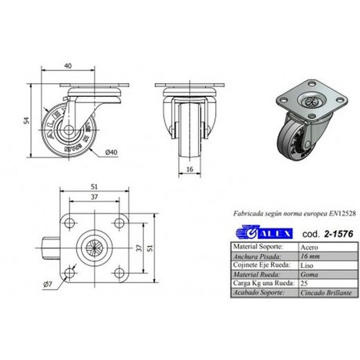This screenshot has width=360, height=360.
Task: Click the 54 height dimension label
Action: pyautogui.click(x=26, y=120)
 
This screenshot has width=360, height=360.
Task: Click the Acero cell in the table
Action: pyautogui.click(x=309, y=246)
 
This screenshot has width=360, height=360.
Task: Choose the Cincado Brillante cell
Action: pyautogui.click(x=327, y=293)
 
